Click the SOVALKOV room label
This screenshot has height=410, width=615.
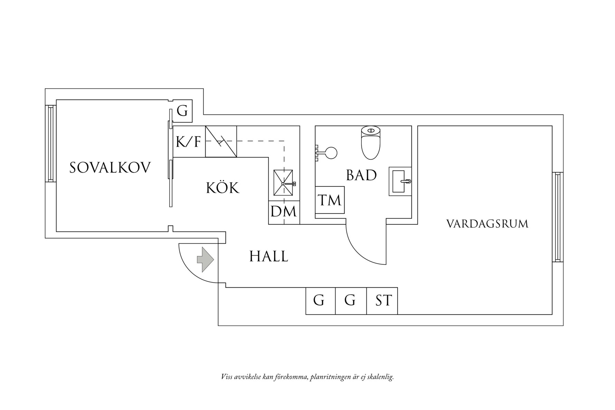(110, 168)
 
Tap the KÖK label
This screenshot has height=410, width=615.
(223, 188)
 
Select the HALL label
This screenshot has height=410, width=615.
(268, 257)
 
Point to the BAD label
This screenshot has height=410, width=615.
(361, 175)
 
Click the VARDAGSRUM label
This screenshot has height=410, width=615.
(487, 224)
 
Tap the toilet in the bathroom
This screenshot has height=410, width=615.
(370, 143)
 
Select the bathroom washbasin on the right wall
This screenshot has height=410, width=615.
(400, 181)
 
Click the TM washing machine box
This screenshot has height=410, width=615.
(330, 200)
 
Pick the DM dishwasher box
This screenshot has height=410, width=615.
(284, 212)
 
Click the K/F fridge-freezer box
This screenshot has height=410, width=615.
(189, 142)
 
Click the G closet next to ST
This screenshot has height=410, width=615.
(350, 301)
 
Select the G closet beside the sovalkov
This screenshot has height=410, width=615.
(182, 111)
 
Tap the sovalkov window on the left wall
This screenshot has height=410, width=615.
(50, 143)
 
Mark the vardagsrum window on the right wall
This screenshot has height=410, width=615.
(558, 217)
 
